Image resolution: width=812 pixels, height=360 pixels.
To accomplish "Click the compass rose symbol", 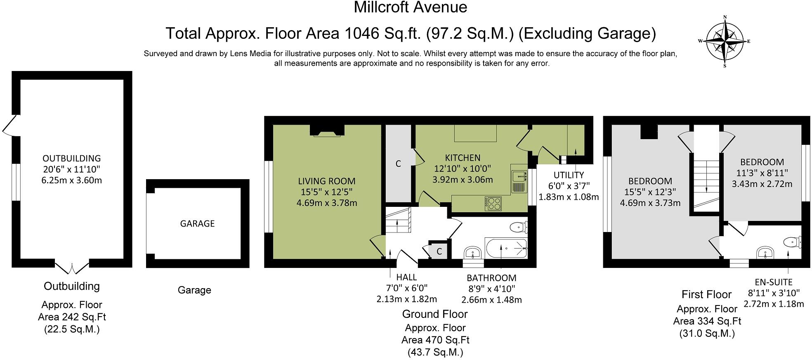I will (x=725, y=41).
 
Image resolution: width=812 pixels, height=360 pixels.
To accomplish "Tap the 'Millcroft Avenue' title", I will (x=411, y=7).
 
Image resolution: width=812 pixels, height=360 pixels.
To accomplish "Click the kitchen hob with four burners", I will (x=493, y=204).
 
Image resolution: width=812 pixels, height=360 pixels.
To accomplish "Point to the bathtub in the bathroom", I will (x=507, y=248).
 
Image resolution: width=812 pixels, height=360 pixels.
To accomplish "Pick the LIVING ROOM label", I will (x=326, y=181).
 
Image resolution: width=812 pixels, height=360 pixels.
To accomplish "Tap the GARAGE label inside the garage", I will (x=197, y=223).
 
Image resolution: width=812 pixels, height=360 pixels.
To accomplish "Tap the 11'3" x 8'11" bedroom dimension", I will (x=762, y=173).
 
